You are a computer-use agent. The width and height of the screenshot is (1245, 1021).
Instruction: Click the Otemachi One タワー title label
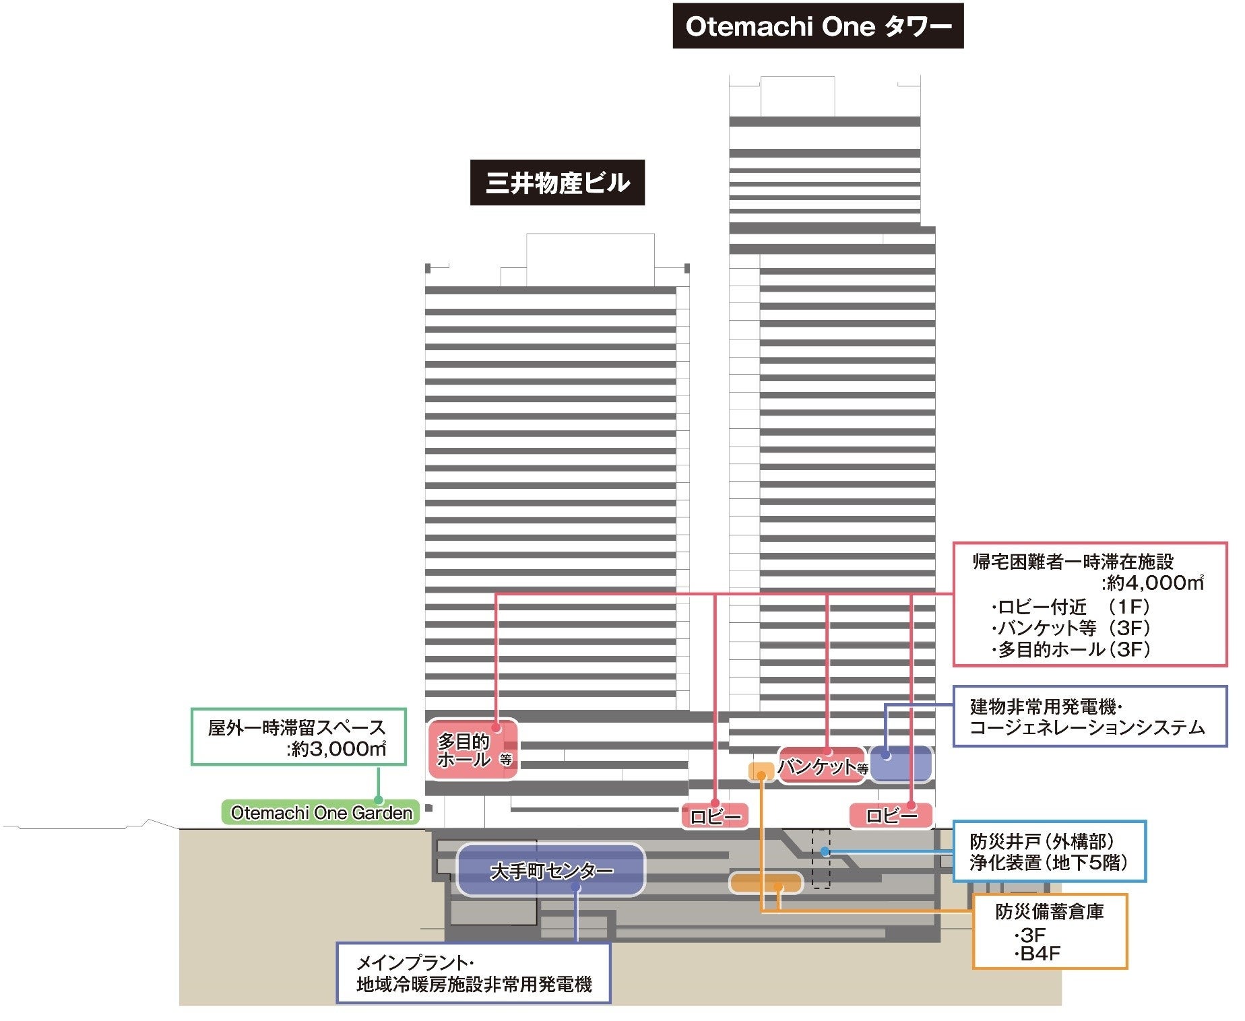click(818, 26)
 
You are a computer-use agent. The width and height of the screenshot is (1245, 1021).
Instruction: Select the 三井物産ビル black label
click(557, 183)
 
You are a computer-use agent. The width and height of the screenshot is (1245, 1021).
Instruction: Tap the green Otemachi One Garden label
click(321, 813)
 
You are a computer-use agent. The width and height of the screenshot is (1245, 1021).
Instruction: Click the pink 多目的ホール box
click(473, 750)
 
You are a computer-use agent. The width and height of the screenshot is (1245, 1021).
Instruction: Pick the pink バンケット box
click(821, 766)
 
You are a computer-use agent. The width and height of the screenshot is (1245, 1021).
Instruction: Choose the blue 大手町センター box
click(550, 871)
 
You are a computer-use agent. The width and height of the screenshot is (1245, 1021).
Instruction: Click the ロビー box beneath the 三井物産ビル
click(715, 816)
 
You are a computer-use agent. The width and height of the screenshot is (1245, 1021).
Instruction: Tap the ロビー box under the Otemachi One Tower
click(891, 816)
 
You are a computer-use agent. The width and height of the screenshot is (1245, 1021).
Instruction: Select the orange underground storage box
click(766, 882)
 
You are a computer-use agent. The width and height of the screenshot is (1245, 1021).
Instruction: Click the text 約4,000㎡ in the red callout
click(1153, 583)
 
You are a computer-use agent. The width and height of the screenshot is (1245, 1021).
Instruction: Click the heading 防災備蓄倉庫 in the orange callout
click(1049, 911)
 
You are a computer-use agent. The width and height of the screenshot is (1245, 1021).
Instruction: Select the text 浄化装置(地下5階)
click(1048, 863)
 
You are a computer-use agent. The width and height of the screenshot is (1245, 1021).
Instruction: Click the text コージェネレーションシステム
click(1087, 727)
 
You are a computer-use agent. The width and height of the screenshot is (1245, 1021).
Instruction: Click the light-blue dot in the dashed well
click(825, 852)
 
